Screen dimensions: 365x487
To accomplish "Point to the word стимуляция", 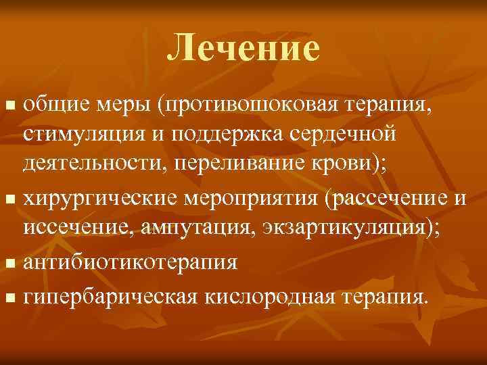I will pos(85,135).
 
